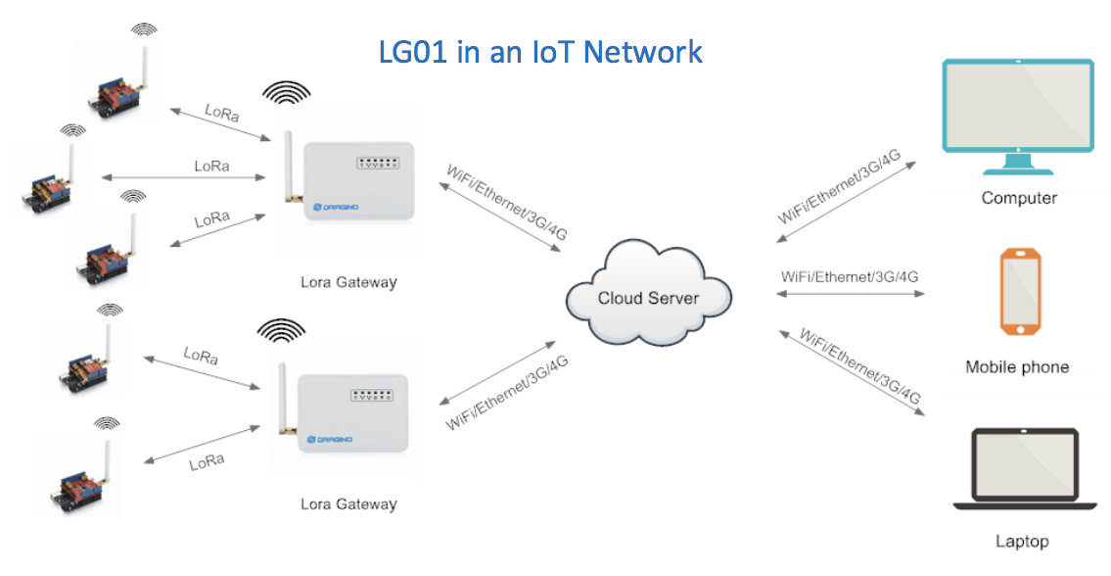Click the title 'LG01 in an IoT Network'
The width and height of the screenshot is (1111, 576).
click(540, 51)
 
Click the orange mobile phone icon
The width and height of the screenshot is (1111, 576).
click(1019, 292)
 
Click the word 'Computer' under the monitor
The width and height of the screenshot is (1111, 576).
click(1019, 198)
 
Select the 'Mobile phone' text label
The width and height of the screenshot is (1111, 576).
click(1017, 367)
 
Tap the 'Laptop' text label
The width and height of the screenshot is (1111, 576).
click(1021, 541)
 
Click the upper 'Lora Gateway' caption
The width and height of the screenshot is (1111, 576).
click(348, 282)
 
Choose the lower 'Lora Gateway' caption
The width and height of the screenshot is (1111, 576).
click(348, 504)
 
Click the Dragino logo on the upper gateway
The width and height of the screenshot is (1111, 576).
click(333, 208)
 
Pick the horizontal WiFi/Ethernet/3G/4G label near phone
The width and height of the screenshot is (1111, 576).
click(850, 276)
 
